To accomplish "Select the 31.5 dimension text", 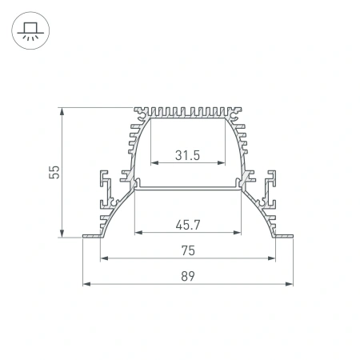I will [187, 155].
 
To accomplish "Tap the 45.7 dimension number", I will [187, 225].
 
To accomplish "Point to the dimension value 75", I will [187, 250].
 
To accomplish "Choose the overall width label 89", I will [187, 276].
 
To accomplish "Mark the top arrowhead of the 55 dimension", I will [62, 110].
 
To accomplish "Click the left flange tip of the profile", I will [85, 236].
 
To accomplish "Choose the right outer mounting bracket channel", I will [271, 189].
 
